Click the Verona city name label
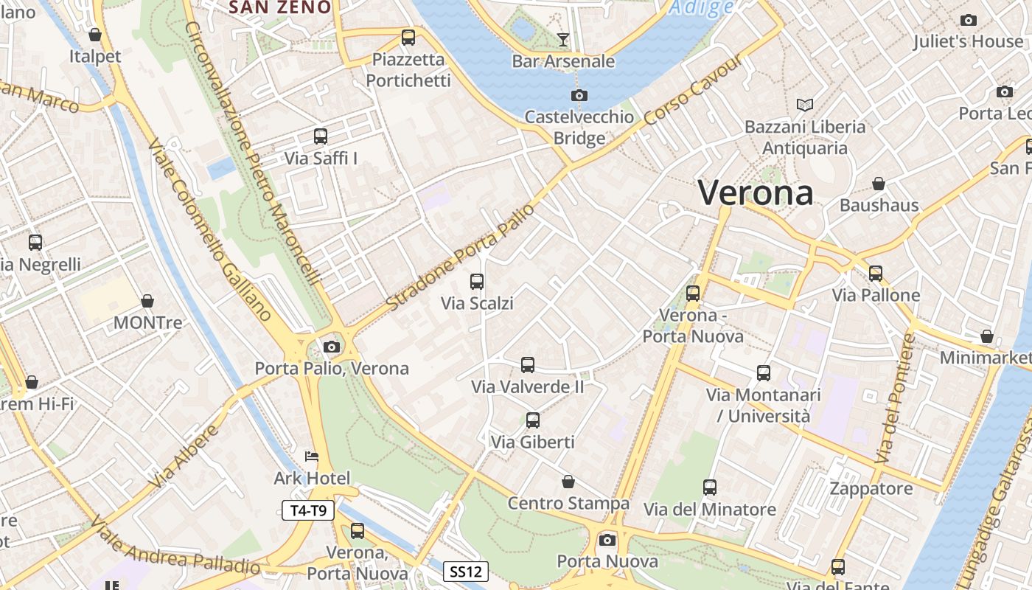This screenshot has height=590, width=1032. tap(756, 193)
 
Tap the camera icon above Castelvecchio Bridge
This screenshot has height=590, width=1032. tap(579, 95)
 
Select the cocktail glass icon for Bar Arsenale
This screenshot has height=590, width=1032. tap(563, 39)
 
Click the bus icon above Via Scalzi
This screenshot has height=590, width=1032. tap(477, 281)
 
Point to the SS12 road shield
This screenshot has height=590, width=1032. tap(466, 571)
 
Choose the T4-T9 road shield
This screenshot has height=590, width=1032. tap(308, 510)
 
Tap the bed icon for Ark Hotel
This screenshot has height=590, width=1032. tap(312, 457)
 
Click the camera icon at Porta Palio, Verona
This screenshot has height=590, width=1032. tap(332, 347)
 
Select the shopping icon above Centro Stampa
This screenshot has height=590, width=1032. tap(568, 482)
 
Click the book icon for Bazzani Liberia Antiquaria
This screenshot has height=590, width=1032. tap(805, 105)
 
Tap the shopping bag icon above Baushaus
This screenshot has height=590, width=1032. tap(879, 183)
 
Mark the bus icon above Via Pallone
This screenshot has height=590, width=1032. tap(876, 274)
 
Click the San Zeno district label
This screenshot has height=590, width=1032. tap(279, 7)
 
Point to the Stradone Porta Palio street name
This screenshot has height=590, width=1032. tap(460, 255)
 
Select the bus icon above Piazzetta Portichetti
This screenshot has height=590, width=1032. tap(408, 38)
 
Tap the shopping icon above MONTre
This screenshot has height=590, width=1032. tap(147, 301)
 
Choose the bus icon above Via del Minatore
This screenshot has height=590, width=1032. tap(710, 487)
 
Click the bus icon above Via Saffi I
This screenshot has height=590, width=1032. tap(321, 136)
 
